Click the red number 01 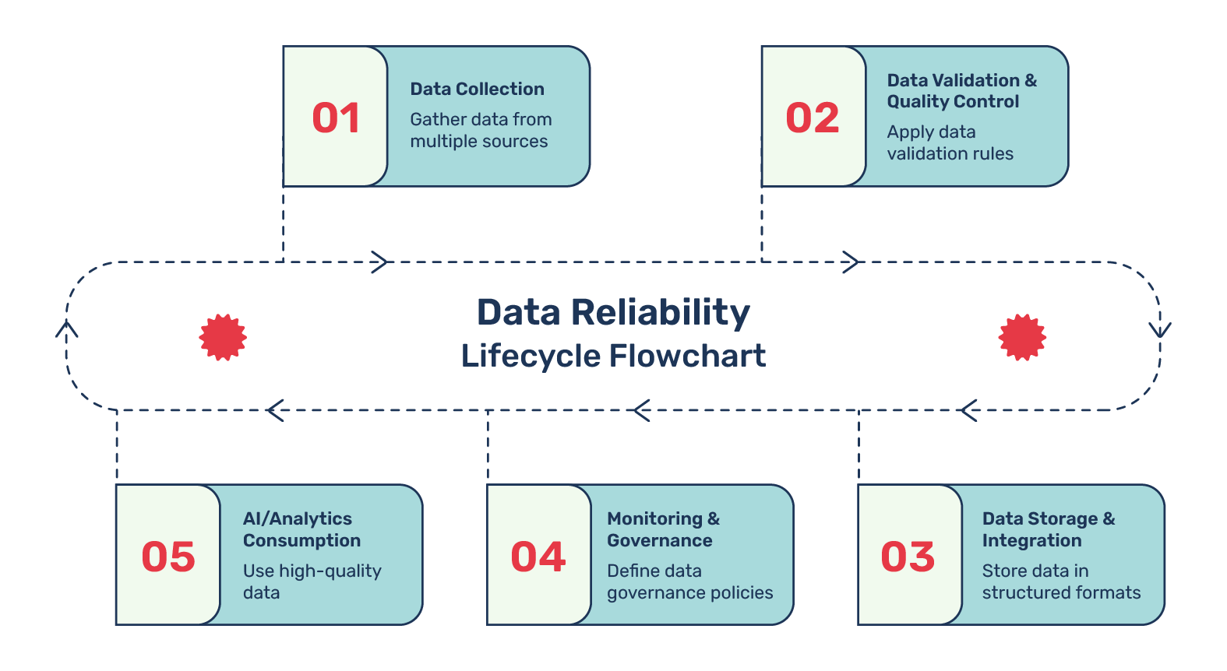(x=336, y=118)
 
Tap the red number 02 (x=813, y=118)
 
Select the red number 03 (x=908, y=557)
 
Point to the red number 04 (x=538, y=557)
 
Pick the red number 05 (x=168, y=557)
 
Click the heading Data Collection (x=477, y=89)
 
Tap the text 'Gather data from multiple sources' (x=481, y=130)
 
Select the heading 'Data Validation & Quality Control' (x=962, y=91)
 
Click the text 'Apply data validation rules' (x=950, y=142)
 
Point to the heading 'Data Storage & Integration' (x=1049, y=529)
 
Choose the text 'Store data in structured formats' (x=1061, y=581)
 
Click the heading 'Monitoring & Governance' (x=663, y=529)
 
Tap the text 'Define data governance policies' (x=689, y=581)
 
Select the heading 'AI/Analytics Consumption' (x=301, y=529)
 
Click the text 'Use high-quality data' (x=312, y=581)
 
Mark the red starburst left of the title (x=222, y=337)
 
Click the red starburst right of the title (x=1022, y=337)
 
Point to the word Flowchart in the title (x=687, y=356)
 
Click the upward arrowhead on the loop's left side (x=67, y=329)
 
